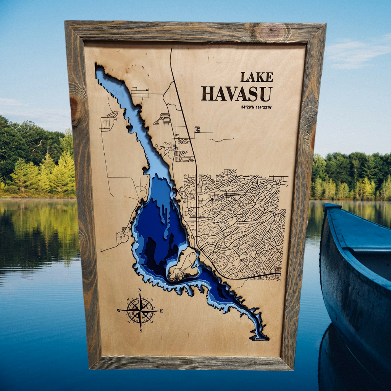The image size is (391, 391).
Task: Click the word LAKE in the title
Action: tap(257, 77)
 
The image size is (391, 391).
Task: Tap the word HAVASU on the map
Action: tap(237, 94)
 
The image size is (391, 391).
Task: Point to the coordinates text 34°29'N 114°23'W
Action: tap(256, 107)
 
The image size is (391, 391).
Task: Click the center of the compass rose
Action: tap(141, 310)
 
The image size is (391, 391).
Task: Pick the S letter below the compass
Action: tap(141, 331)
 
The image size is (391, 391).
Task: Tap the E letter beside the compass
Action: tap(162, 311)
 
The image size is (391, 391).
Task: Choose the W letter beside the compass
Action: tap(119, 310)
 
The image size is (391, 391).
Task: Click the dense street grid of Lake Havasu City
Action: tap(237, 221)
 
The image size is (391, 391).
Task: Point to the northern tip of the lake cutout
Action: tap(99, 69)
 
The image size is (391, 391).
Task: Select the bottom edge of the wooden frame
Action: tap(191, 364)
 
